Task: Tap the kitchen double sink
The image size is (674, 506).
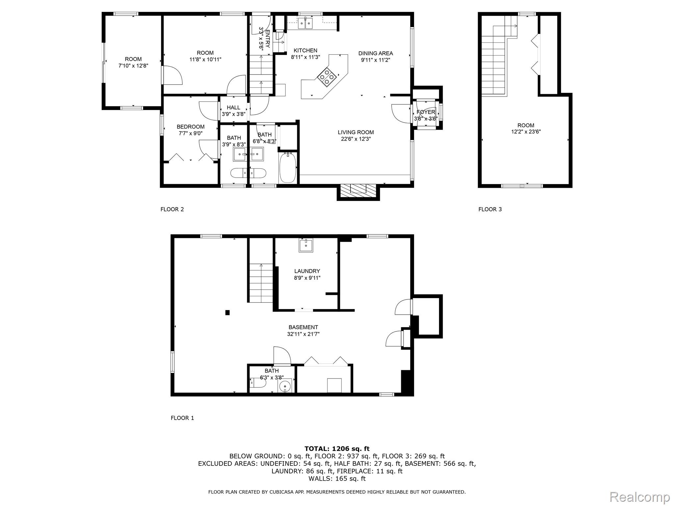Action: click(x=306, y=23)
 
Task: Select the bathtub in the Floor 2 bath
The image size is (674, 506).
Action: click(x=288, y=167)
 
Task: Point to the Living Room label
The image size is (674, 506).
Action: click(x=356, y=132)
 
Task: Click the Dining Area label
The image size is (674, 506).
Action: click(x=376, y=53)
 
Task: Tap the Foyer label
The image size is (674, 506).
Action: click(x=426, y=112)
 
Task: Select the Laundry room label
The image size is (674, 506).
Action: click(x=307, y=271)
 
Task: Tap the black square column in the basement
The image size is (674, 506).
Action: click(x=227, y=313)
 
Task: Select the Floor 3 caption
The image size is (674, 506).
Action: click(x=490, y=209)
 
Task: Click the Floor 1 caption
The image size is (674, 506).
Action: click(x=182, y=418)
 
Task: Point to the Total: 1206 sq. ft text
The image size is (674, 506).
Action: click(x=337, y=449)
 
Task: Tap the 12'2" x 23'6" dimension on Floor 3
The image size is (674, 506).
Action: click(x=526, y=132)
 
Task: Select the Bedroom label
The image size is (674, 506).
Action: click(x=191, y=127)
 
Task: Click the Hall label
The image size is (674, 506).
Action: click(x=233, y=108)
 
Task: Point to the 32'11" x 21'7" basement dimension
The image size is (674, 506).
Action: click(x=303, y=334)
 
